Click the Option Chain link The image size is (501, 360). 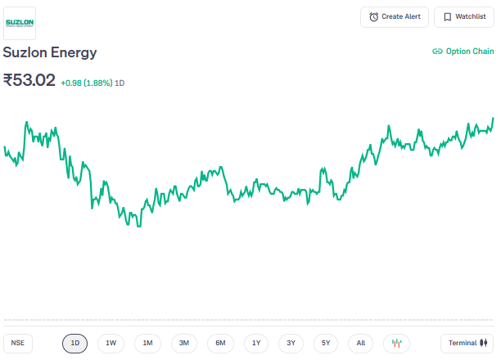pos(463,51)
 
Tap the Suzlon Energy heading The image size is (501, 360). pos(50,52)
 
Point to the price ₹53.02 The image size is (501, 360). pos(29,80)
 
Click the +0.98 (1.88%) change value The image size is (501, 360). pos(86,83)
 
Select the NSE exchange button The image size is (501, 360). pos(17,344)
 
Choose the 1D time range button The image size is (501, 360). pos(74,344)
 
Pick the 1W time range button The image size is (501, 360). pos(111,344)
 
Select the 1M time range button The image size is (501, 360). pos(147,344)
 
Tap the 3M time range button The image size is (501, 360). pos(184,344)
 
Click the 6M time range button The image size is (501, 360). pos(220,344)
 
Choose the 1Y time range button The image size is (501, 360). pos(256,344)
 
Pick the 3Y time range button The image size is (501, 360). pos(291,344)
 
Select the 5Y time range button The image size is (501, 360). pos(326,344)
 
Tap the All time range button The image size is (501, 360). pos(361,344)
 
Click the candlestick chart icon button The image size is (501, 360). pos(397,344)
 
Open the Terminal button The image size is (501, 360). pos(467,344)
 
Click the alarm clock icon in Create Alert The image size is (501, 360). pos(374,17)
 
